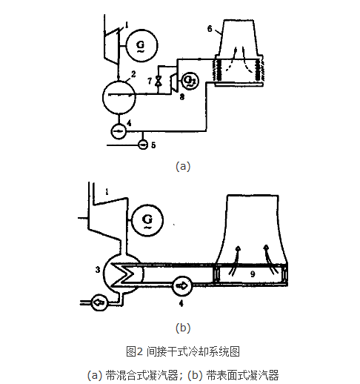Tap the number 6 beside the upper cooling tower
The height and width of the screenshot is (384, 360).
(x=210, y=29)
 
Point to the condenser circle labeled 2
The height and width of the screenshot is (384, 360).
(x=120, y=96)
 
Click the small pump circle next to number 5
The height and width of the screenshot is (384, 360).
(x=142, y=145)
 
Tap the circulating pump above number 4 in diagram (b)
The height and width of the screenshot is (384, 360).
(x=181, y=285)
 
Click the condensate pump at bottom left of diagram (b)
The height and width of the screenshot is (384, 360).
(x=98, y=302)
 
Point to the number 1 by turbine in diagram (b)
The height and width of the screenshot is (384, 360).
(x=108, y=193)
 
